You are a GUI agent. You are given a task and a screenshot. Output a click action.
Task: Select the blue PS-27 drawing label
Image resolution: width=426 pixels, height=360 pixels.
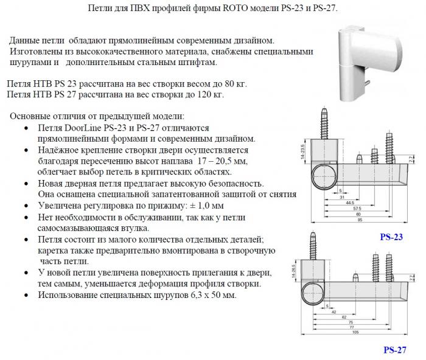pos(396,350)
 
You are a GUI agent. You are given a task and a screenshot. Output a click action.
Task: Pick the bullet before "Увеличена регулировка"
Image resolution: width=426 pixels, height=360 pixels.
pos(24,206)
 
